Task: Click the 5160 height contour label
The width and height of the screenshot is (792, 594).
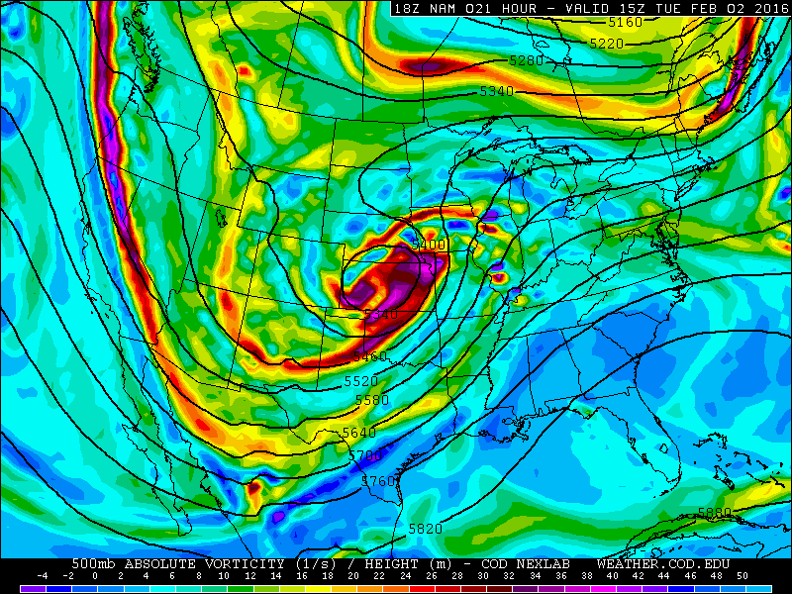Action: pos(626,22)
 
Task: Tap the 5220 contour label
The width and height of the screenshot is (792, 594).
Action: pos(607,44)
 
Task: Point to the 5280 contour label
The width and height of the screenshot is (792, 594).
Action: pos(527,60)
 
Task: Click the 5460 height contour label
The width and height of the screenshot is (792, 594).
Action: pos(370,356)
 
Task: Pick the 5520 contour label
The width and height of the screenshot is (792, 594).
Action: pos(361,381)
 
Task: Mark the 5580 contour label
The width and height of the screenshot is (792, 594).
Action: pos(372,400)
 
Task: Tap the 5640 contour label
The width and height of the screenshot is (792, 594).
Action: pos(359,433)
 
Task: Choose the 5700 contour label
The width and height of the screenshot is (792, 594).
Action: pos(365,455)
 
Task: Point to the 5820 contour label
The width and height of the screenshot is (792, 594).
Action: pos(425,529)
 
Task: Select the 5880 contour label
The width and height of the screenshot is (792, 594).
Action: pos(715,512)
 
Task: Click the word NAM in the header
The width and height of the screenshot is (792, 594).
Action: pos(444,8)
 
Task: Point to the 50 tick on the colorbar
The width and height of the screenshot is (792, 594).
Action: pos(742,575)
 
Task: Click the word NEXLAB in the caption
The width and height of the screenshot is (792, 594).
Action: pos(547,562)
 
